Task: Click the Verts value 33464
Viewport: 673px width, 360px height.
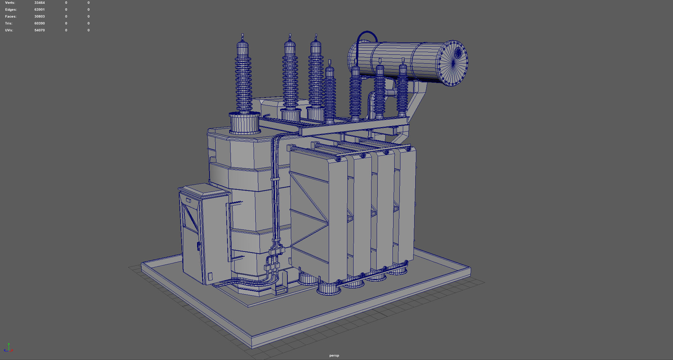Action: click(x=40, y=3)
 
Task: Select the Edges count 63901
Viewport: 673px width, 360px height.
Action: click(x=40, y=10)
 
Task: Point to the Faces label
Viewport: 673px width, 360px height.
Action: click(x=11, y=17)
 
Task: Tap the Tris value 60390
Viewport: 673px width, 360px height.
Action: click(x=40, y=23)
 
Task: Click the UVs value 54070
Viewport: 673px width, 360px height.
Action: click(x=40, y=30)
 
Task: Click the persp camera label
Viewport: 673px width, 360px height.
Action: click(x=334, y=356)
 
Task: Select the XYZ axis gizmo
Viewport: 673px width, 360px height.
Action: click(x=9, y=348)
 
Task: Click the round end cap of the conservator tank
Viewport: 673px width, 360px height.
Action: click(x=453, y=63)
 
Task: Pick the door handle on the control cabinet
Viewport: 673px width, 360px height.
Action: click(x=198, y=246)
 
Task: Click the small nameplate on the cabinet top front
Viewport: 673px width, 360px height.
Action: click(x=188, y=200)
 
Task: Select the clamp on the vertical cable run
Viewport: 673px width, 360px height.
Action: click(x=275, y=179)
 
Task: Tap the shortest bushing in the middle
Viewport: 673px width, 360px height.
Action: click(x=330, y=93)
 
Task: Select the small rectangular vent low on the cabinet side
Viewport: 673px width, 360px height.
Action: click(x=210, y=276)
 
